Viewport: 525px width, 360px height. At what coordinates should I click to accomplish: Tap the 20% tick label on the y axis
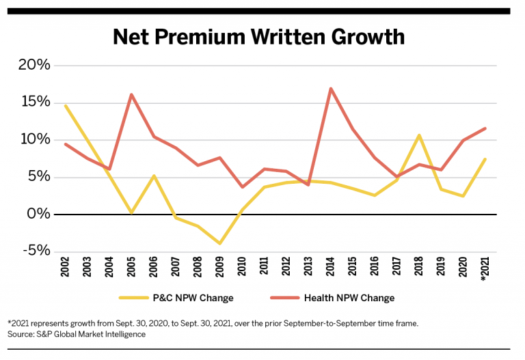(34, 66)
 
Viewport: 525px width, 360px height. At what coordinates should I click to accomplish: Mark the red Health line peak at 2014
(331, 89)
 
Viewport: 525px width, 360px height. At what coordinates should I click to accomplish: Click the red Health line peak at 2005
(131, 95)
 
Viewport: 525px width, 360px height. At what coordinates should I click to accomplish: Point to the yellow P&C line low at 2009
(219, 243)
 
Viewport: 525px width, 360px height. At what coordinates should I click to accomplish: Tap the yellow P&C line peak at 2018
(419, 135)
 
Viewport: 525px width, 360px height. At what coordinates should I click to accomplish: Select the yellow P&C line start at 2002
(66, 106)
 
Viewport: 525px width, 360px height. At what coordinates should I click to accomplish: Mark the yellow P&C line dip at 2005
(131, 212)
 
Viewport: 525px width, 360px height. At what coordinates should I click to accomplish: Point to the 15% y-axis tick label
(34, 102)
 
